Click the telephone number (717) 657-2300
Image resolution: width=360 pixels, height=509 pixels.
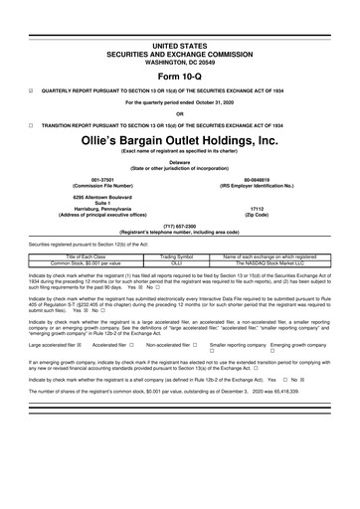pyautogui.click(x=180, y=225)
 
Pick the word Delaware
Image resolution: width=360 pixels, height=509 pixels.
pyautogui.click(x=180, y=160)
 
